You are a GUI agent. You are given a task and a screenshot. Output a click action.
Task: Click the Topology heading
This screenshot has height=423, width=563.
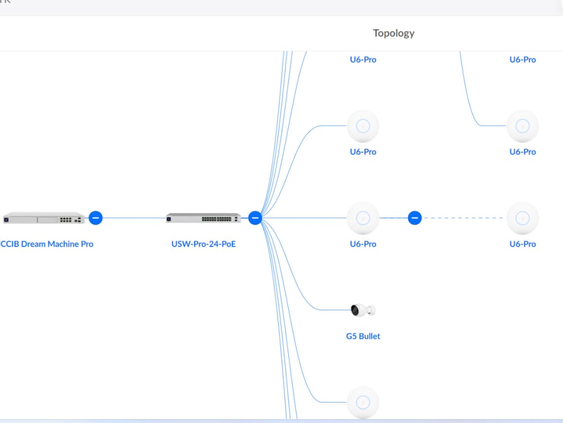click(x=394, y=33)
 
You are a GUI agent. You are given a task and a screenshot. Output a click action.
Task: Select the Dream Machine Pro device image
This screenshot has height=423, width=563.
click(x=43, y=218)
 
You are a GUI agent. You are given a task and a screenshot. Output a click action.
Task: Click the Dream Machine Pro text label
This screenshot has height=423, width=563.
click(x=47, y=244)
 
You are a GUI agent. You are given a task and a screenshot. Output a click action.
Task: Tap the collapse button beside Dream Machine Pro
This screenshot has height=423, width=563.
click(x=96, y=218)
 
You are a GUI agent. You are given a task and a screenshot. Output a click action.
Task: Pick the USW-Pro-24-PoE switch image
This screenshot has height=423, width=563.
click(x=203, y=218)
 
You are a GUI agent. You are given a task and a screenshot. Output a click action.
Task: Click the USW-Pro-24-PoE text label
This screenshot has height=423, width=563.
click(x=203, y=244)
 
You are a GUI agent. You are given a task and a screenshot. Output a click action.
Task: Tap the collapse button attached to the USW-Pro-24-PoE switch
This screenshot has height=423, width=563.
click(x=255, y=218)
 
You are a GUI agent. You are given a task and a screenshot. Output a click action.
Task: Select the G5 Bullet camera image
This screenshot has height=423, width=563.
click(x=363, y=310)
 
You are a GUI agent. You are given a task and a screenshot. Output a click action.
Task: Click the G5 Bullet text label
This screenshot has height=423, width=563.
click(x=363, y=336)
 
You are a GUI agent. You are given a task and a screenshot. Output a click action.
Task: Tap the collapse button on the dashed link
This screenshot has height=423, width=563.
click(x=414, y=218)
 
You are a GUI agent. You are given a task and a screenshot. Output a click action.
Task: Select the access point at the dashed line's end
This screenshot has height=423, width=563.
click(x=522, y=218)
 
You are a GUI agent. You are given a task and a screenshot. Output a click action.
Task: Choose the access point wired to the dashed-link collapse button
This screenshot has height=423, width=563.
click(x=363, y=218)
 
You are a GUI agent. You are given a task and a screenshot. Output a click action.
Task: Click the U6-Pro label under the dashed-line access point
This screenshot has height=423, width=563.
click(x=522, y=244)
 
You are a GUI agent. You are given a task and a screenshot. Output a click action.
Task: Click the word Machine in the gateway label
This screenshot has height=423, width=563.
click(x=63, y=244)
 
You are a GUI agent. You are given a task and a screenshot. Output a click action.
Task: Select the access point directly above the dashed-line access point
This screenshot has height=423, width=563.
click(x=522, y=126)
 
